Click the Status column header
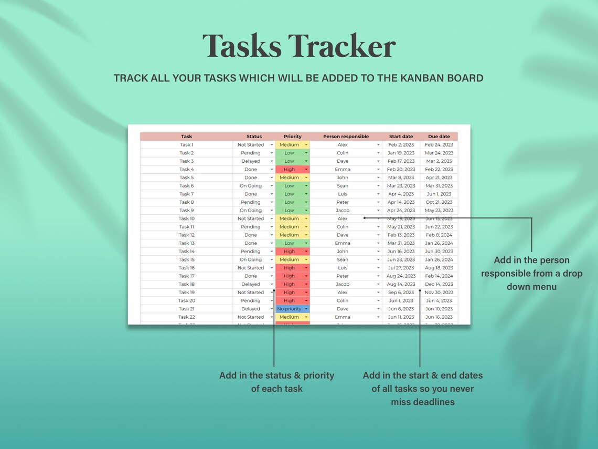point(254,137)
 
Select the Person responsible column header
point(346,137)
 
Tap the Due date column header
point(439,137)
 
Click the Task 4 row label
point(186,170)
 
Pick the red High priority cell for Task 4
point(290,170)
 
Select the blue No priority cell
point(290,309)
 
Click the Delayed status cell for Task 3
point(251,161)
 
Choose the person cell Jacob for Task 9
point(343,211)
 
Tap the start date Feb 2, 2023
point(401,145)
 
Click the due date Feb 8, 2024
point(439,235)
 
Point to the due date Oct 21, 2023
point(439,202)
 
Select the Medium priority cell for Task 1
point(290,145)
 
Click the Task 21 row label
point(186,309)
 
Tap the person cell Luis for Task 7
point(343,194)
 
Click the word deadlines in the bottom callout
point(422,402)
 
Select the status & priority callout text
point(276,382)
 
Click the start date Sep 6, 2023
point(401,293)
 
